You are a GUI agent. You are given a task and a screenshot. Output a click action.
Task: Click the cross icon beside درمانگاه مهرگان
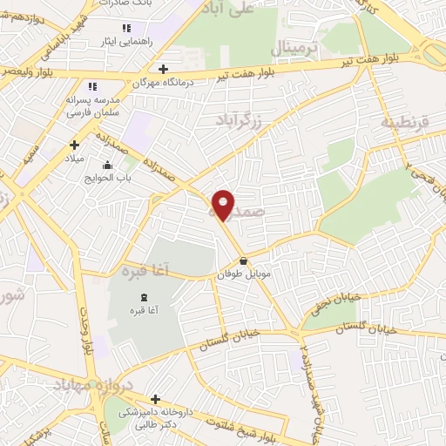point(164,68)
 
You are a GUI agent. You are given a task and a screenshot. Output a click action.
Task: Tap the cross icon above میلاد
point(74,145)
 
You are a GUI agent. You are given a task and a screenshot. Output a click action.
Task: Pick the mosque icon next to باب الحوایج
point(107,165)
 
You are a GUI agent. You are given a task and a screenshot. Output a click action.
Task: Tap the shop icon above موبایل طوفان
point(243,261)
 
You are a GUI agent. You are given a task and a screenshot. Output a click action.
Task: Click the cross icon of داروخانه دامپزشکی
point(155,399)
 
